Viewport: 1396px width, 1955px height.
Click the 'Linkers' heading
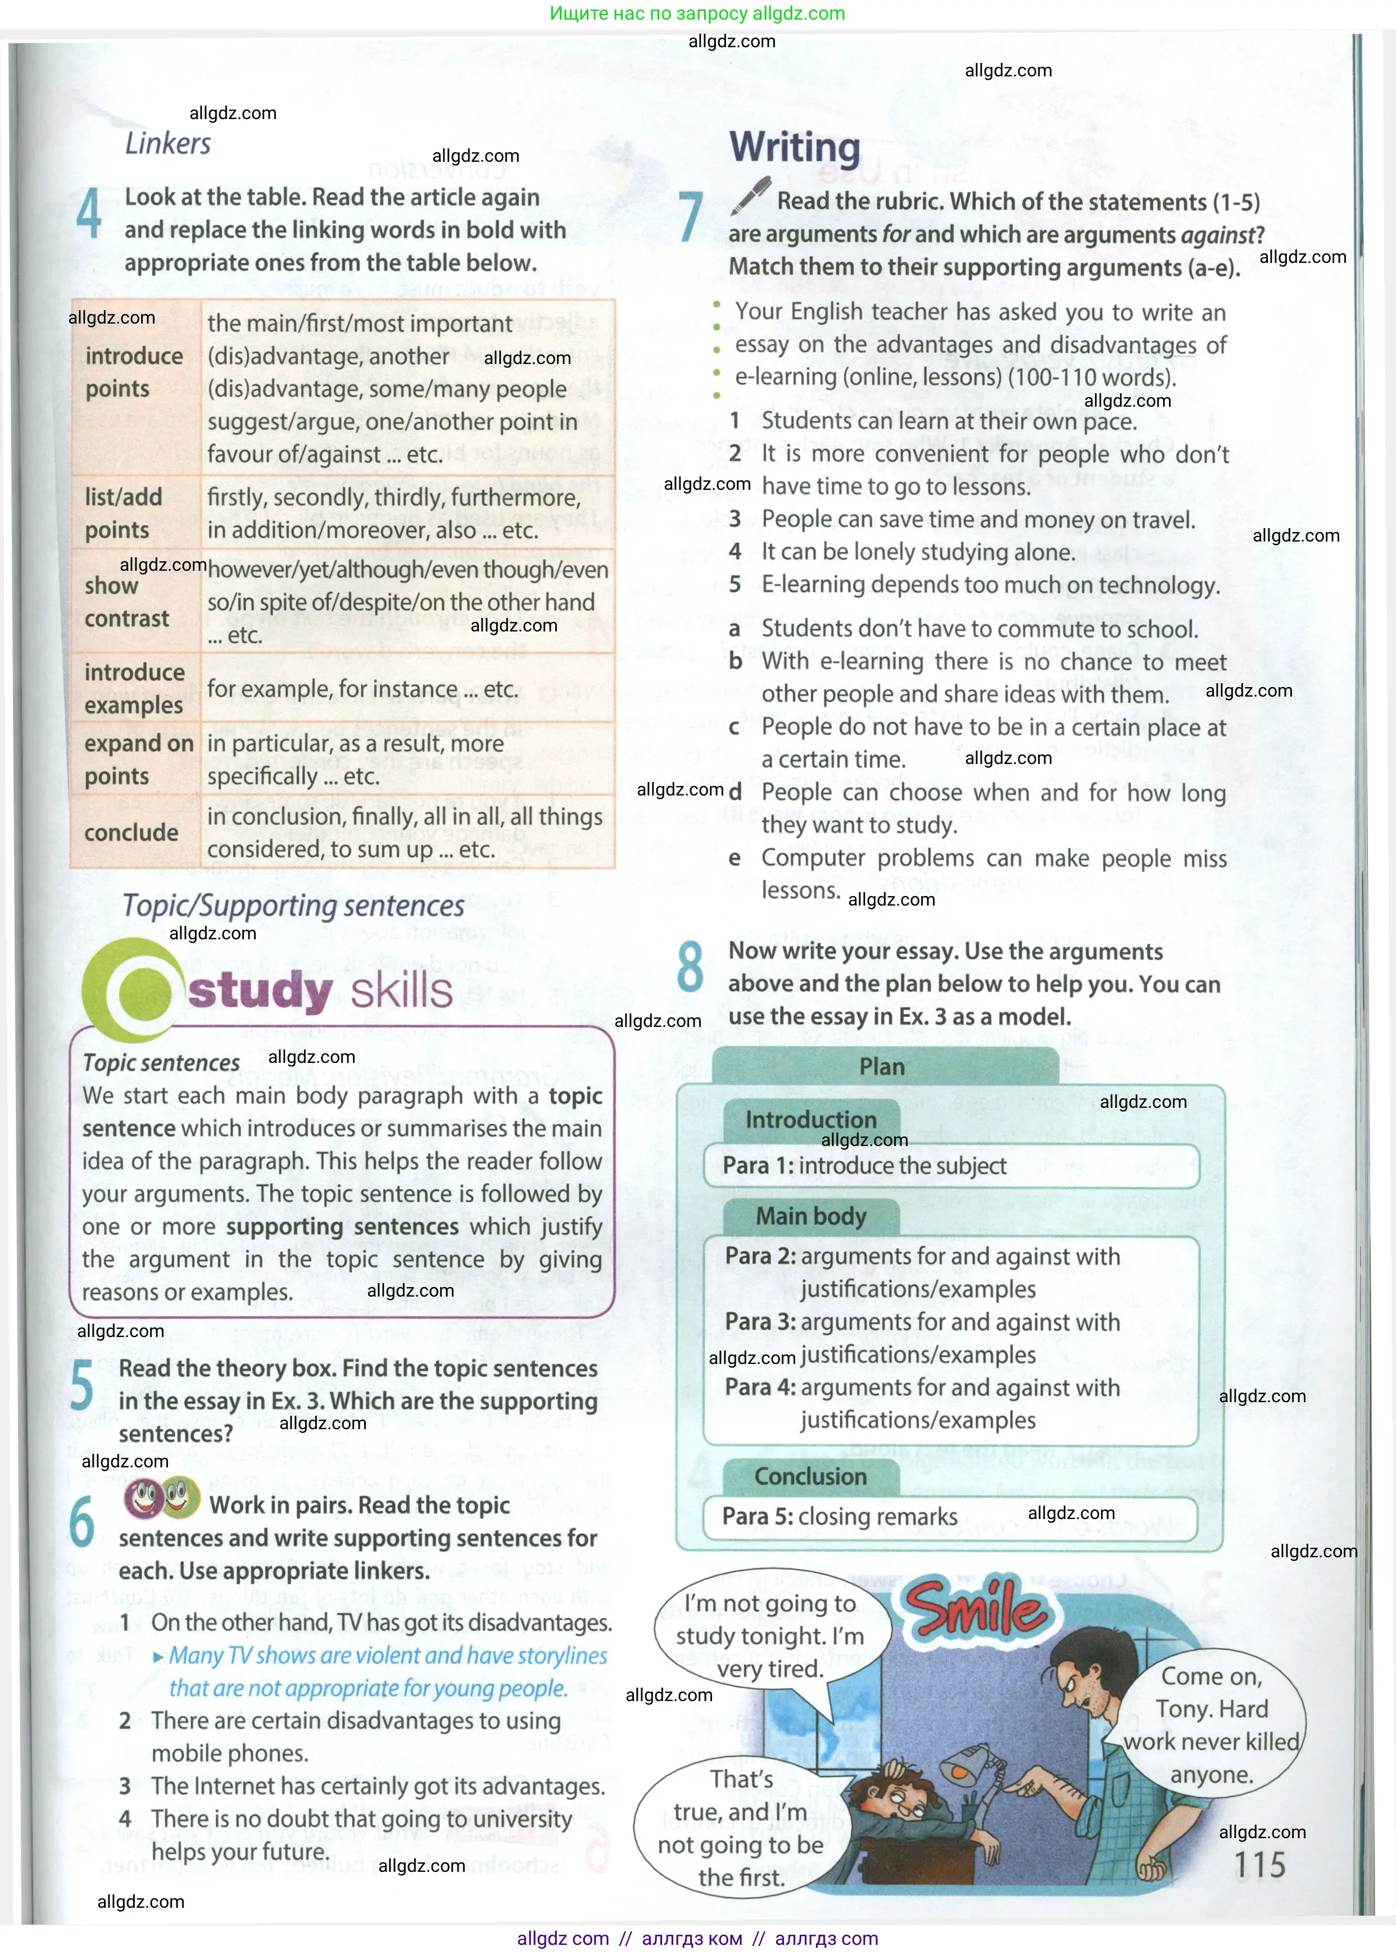[167, 143]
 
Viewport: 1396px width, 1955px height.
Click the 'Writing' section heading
[794, 147]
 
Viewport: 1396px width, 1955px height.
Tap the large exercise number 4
[89, 214]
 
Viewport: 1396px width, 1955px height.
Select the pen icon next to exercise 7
[750, 196]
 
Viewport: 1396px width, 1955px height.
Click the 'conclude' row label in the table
[132, 832]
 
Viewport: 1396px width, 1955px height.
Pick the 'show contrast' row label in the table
[126, 602]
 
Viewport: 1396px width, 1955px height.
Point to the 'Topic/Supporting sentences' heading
[293, 906]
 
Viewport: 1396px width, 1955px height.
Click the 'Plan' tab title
[882, 1066]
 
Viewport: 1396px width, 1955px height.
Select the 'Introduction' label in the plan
[810, 1120]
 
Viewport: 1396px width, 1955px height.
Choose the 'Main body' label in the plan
[810, 1216]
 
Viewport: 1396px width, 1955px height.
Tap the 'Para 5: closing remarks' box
[950, 1517]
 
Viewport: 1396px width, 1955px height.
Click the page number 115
[1259, 1865]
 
